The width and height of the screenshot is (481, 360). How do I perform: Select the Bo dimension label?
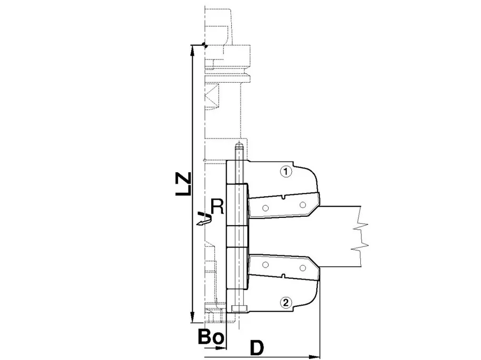211,337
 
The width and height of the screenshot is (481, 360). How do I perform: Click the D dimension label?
257,347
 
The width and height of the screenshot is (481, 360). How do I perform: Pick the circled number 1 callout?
285,172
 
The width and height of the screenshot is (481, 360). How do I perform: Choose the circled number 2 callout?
285,302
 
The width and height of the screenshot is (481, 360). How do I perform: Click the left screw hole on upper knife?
266,206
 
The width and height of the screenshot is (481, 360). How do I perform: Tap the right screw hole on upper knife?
302,205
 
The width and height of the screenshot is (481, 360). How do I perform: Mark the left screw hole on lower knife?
266,264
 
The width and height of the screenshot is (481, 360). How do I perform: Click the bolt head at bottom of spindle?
239,308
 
